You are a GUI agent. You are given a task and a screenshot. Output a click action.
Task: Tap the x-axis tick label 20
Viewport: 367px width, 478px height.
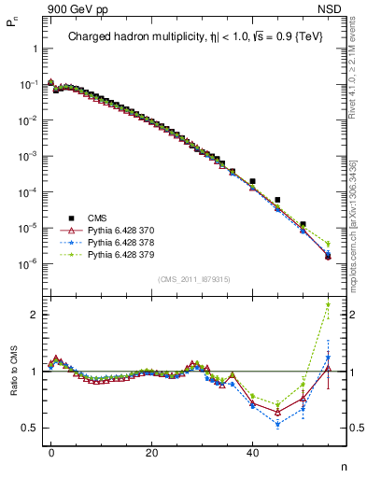click(151, 452)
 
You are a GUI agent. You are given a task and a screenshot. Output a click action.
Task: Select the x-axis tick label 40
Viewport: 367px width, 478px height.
click(252, 452)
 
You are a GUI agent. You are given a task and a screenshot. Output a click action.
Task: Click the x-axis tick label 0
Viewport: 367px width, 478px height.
click(51, 452)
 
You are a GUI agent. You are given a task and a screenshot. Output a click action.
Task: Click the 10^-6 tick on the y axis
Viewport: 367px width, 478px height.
click(28, 263)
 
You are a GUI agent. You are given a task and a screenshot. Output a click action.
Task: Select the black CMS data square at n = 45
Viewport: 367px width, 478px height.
click(277, 200)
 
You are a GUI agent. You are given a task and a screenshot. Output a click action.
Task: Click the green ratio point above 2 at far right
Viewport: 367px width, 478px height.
click(328, 304)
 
